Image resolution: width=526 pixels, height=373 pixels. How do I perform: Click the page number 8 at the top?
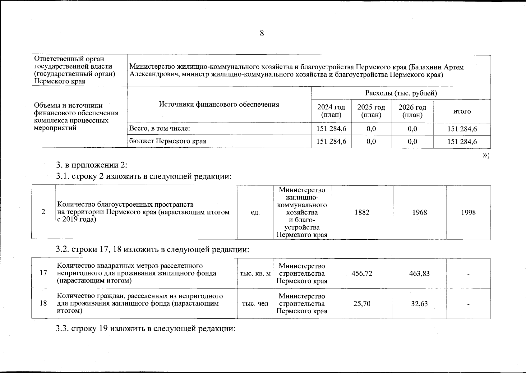[262, 33]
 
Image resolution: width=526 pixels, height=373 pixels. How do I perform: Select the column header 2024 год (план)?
[331, 111]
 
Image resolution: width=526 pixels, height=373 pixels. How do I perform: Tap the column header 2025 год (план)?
[371, 111]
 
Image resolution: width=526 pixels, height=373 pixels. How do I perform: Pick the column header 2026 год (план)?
[412, 111]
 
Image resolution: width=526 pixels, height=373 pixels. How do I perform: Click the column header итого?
[462, 111]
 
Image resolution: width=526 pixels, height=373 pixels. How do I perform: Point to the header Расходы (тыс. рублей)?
[401, 93]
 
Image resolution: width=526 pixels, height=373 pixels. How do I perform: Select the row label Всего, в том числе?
[159, 128]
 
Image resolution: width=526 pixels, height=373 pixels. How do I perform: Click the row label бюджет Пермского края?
[168, 141]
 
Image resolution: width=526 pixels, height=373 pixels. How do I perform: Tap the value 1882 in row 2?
[362, 212]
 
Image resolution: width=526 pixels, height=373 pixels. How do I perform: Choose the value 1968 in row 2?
[419, 212]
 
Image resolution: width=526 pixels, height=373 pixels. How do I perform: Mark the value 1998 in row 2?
[468, 212]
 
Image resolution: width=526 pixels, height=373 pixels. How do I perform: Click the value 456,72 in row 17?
[362, 273]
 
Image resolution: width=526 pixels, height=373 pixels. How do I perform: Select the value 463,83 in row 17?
[419, 273]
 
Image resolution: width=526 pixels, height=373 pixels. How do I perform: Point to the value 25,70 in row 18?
[362, 303]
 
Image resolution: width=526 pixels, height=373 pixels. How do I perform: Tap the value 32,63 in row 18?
[419, 303]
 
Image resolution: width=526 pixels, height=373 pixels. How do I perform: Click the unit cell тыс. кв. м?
[255, 274]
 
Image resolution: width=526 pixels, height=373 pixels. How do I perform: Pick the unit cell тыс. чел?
[255, 303]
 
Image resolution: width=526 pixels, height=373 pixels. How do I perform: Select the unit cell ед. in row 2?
[255, 212]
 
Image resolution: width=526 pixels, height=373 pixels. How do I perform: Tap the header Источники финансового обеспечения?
[219, 104]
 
